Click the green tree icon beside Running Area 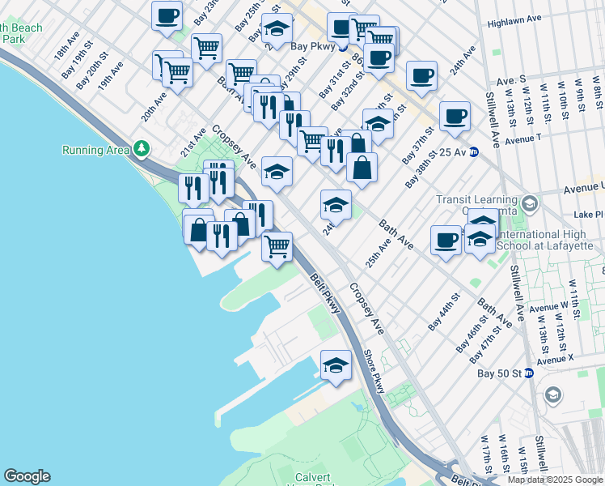click(x=142, y=149)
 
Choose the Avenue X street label click(x=555, y=358)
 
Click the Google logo click(x=27, y=476)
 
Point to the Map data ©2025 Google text click(x=556, y=480)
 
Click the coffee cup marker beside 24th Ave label click(x=421, y=76)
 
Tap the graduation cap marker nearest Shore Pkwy click(x=336, y=364)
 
